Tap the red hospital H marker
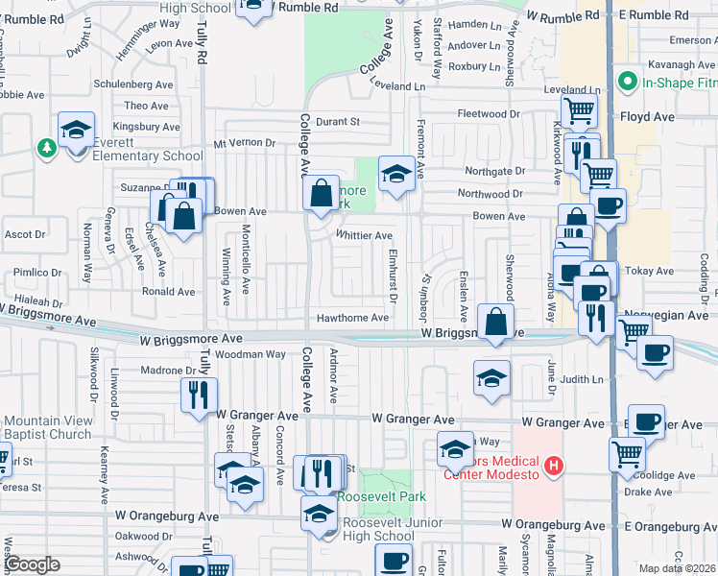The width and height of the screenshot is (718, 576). (x=553, y=467)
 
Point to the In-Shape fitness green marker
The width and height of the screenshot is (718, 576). (x=629, y=81)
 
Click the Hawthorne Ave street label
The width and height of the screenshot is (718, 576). (x=354, y=318)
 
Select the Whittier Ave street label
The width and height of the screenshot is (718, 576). (x=364, y=235)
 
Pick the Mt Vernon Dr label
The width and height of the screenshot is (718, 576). (x=244, y=143)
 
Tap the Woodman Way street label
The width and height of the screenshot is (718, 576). (x=251, y=354)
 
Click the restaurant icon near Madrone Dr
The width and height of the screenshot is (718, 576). (x=199, y=394)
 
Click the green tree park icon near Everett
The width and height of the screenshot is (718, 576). (x=45, y=148)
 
